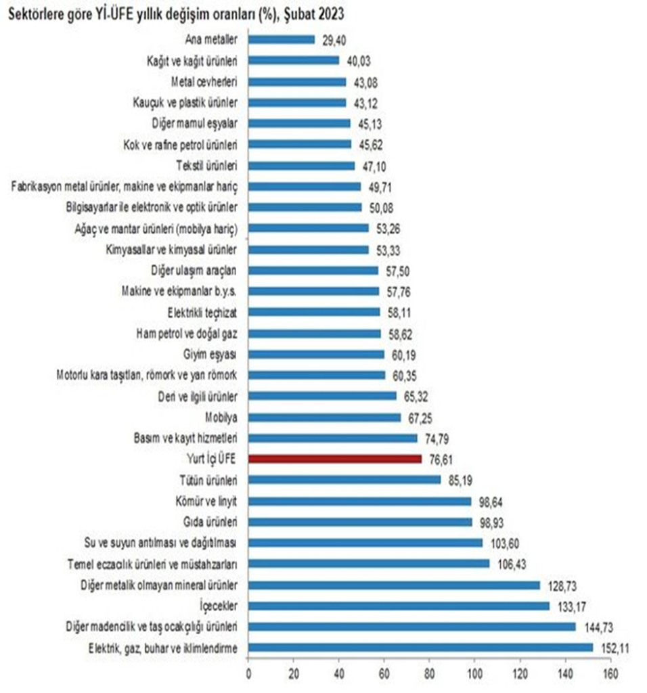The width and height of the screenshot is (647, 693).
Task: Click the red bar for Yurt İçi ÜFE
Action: point(335,459)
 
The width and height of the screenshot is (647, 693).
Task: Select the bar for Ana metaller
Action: point(282,39)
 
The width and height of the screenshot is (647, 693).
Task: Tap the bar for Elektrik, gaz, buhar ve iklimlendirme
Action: point(420,648)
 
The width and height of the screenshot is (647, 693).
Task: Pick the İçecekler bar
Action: point(399,606)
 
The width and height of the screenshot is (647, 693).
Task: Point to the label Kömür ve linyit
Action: point(209,501)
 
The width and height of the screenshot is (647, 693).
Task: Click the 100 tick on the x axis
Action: point(474,674)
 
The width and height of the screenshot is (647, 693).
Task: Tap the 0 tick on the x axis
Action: point(248,674)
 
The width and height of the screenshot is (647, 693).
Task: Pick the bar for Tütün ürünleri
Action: point(344,480)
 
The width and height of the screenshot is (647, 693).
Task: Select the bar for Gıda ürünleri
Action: point(360,522)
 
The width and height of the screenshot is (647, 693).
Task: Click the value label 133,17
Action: point(569,606)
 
